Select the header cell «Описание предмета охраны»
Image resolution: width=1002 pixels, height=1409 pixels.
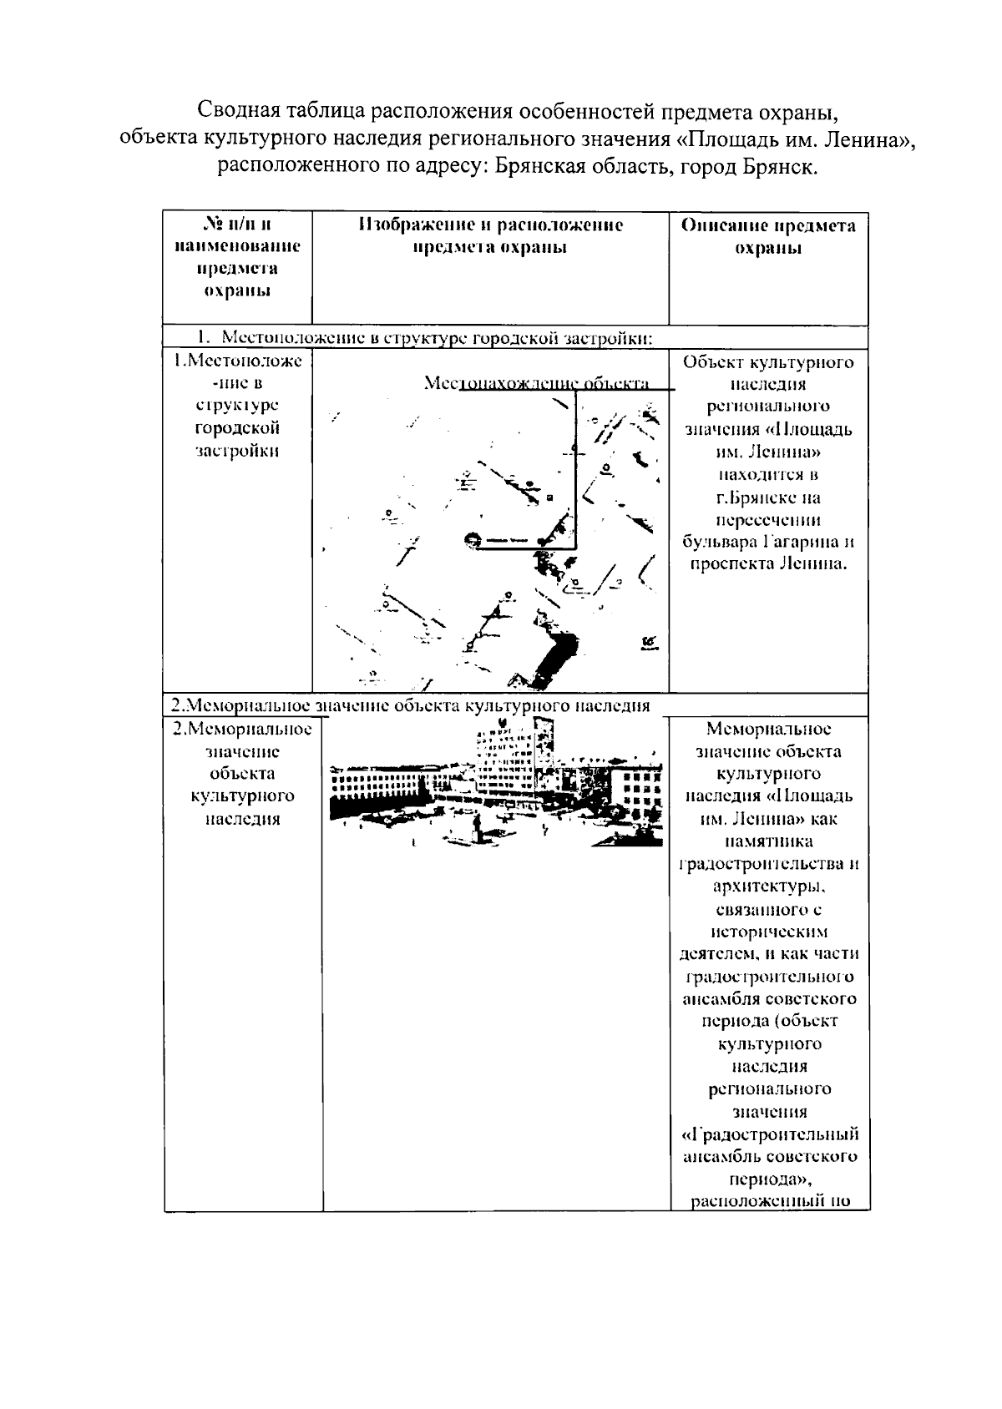(x=768, y=237)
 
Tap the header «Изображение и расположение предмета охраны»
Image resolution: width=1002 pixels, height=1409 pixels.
(x=491, y=237)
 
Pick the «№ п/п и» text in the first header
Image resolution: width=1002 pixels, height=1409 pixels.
(x=238, y=224)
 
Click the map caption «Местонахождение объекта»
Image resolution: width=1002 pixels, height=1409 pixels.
(x=536, y=383)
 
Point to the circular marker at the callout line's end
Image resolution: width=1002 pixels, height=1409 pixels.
(x=473, y=540)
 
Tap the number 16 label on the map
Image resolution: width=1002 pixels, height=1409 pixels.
(x=649, y=642)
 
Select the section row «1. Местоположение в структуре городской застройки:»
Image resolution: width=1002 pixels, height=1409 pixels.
(x=424, y=338)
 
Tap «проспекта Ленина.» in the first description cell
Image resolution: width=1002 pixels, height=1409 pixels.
(x=768, y=564)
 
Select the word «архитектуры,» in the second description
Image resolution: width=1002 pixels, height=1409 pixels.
(x=769, y=886)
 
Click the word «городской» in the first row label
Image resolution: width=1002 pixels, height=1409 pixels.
(x=237, y=428)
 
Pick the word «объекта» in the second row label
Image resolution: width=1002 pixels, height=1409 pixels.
(x=242, y=773)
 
